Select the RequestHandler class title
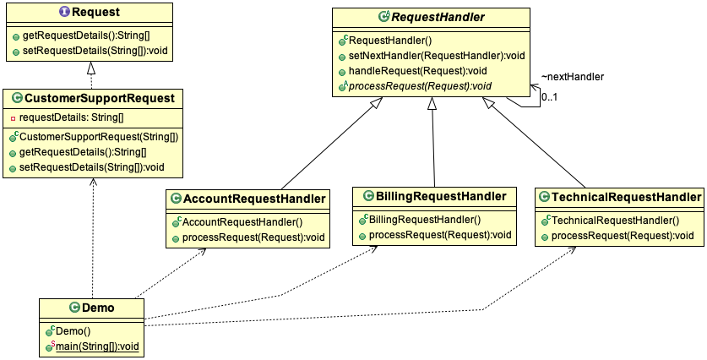click(x=437, y=17)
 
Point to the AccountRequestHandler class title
click(x=254, y=199)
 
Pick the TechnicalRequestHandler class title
click(x=626, y=198)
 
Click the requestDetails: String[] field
click(x=71, y=117)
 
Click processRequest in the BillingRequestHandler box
click(x=440, y=234)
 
